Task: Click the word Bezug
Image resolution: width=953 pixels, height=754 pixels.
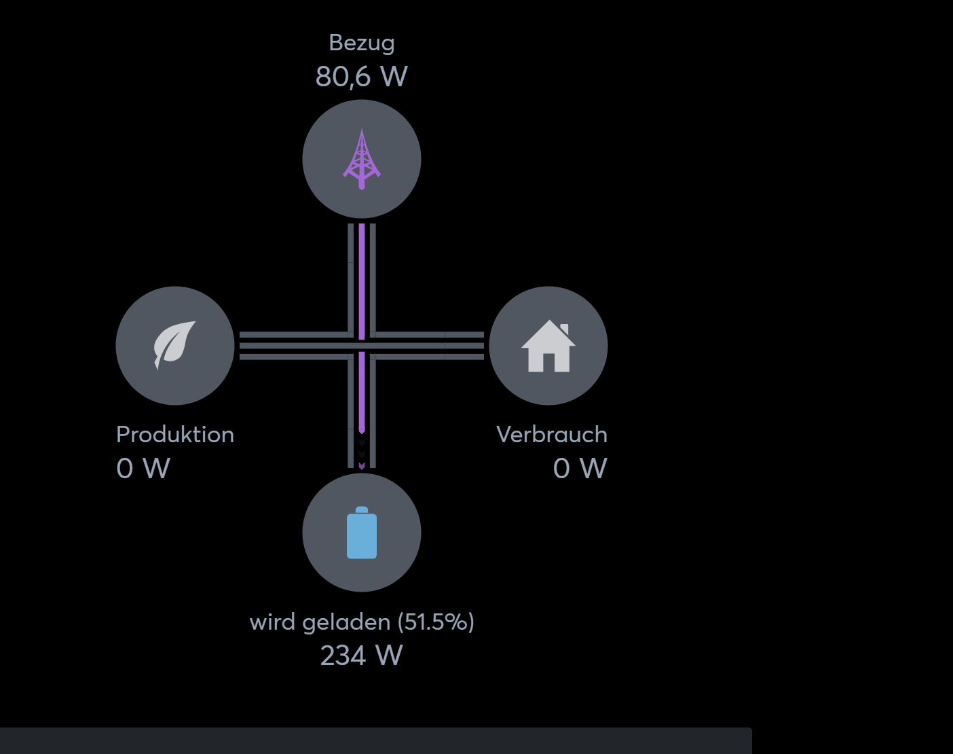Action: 362,43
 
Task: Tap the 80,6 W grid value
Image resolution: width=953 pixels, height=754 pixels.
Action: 362,77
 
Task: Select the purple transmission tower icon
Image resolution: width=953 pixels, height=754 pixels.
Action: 362,159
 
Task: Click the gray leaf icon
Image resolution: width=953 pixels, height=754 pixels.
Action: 174,344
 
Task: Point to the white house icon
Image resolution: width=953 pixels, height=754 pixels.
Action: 548,347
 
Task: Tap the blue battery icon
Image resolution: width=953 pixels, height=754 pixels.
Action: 362,534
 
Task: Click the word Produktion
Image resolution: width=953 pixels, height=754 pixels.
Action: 175,435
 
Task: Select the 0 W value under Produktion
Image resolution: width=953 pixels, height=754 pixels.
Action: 143,468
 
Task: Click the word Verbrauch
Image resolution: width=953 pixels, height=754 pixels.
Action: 552,435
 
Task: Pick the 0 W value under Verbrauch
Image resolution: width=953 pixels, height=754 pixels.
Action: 580,468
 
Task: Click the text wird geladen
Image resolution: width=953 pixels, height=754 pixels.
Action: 320,622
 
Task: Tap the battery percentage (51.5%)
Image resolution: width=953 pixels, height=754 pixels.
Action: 436,622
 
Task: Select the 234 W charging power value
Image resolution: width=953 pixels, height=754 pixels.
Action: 362,656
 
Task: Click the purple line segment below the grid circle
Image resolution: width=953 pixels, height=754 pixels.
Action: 362,279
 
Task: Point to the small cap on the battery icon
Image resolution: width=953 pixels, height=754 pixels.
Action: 362,509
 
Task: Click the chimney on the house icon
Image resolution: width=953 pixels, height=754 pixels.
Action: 564,330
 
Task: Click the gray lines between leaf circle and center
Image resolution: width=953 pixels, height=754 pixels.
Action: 292,346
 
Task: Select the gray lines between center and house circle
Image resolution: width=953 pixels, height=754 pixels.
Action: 431,346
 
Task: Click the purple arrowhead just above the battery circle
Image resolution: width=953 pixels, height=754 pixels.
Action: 362,466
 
